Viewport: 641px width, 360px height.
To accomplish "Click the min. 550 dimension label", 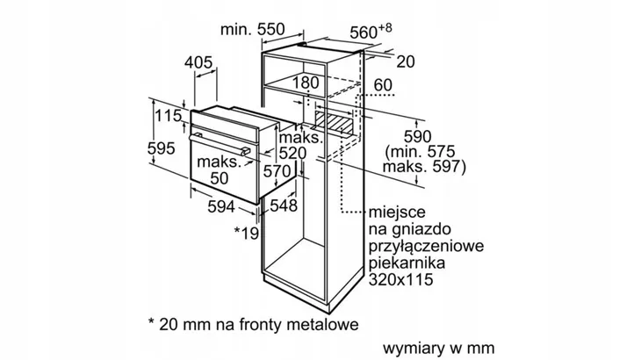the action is pos(252,30).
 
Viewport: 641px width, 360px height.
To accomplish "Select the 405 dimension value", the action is pos(198,62).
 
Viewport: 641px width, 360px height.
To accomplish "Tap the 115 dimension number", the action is pos(168,116).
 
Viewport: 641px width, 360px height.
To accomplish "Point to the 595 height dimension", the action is pos(161,148).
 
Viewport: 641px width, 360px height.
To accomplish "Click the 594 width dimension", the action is pos(221,206).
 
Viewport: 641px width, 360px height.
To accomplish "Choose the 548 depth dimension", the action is pos(284,205).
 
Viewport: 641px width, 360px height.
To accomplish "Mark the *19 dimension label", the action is pos(247,233).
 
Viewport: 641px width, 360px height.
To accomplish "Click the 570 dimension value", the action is pos(277,171).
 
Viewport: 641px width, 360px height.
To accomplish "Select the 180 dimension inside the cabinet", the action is pos(306,83).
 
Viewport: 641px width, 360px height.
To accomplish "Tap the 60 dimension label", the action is pos(383,85).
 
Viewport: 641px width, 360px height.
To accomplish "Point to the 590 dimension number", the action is pos(417,136).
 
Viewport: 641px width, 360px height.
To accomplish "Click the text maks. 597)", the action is pos(424,167).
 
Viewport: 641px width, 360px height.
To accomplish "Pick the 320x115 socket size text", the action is pos(400,279).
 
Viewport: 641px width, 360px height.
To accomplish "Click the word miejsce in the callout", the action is pos(392,212).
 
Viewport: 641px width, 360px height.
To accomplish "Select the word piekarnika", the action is pos(407,263).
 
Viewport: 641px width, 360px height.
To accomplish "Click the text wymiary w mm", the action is pos(439,349).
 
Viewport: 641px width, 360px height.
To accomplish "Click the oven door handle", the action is pos(220,144).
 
